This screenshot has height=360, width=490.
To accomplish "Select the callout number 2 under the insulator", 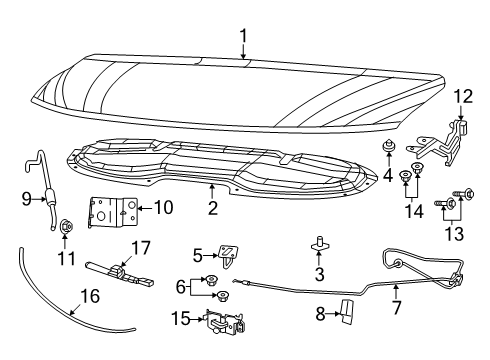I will pos(212,207).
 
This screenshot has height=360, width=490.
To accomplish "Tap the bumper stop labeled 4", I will pos(386,150).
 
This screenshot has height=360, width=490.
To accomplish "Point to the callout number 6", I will pos(181,286).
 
